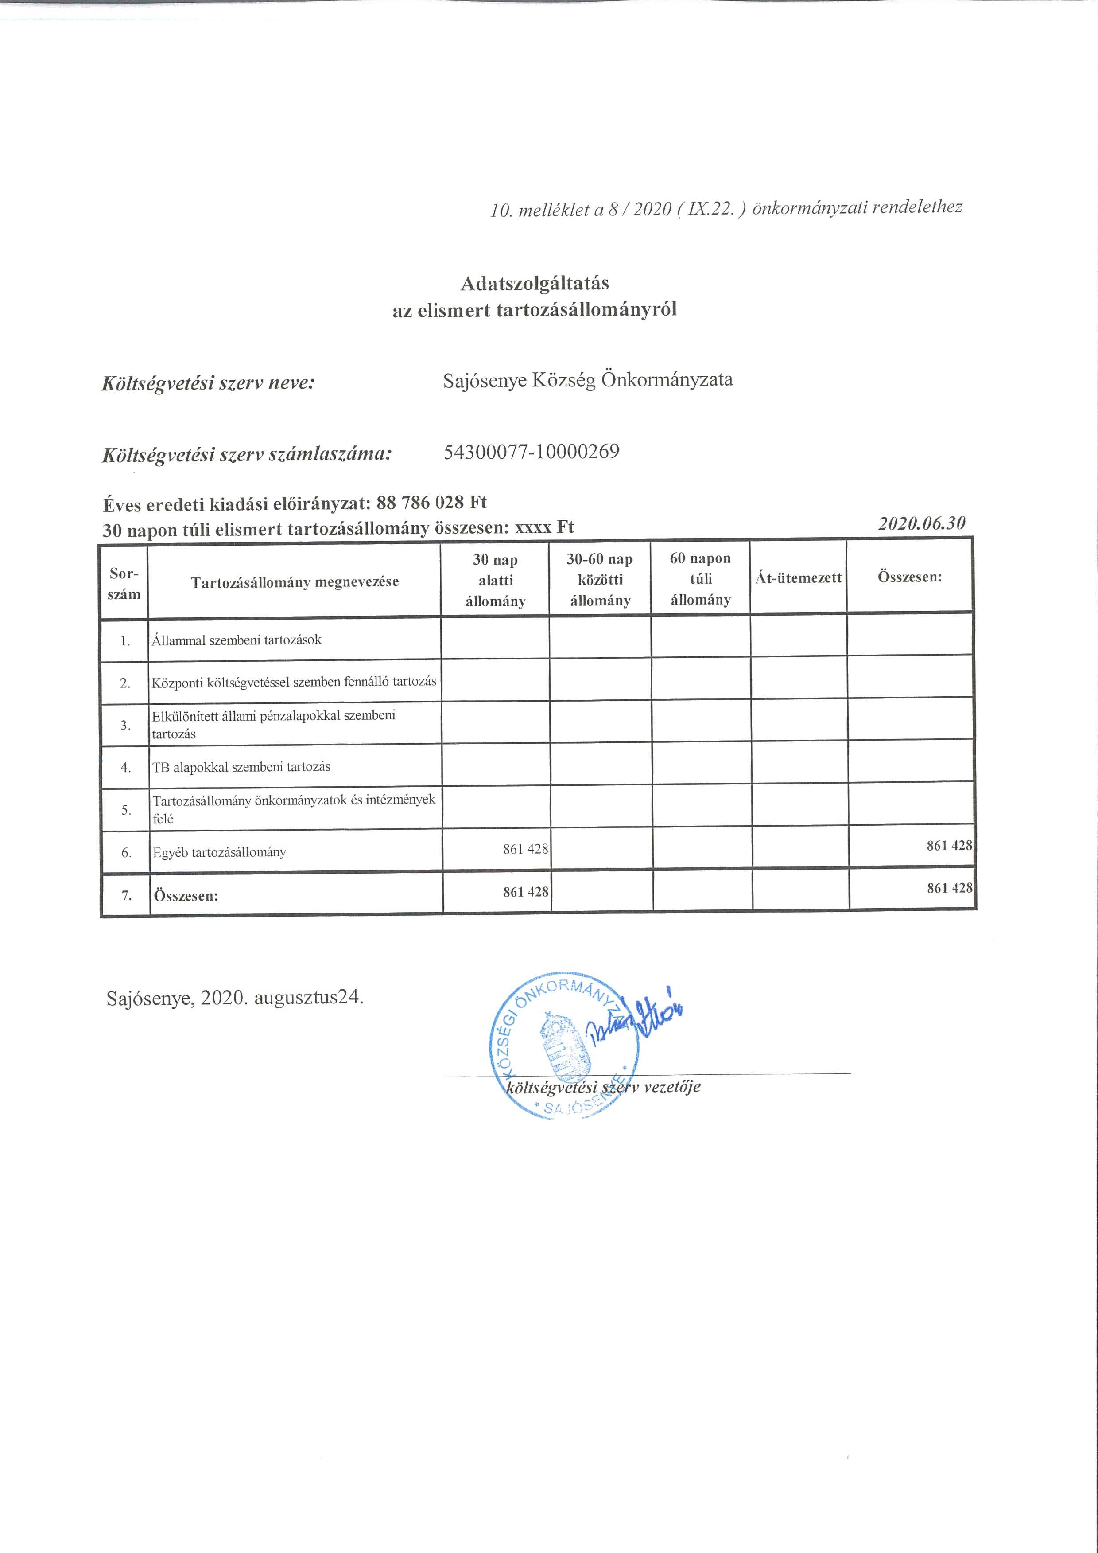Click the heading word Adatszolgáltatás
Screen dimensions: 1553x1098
534,283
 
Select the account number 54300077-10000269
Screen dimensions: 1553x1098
532,451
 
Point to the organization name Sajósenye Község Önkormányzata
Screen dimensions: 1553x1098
588,379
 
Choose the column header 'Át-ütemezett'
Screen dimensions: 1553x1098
798,577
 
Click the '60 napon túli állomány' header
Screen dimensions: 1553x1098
700,578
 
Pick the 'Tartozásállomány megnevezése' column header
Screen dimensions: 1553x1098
295,581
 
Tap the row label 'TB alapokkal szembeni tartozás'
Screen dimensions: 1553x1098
241,766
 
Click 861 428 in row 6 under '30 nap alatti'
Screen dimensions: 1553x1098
525,849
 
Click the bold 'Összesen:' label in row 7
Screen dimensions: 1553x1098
186,896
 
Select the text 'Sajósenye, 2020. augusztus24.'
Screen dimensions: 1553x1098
235,998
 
